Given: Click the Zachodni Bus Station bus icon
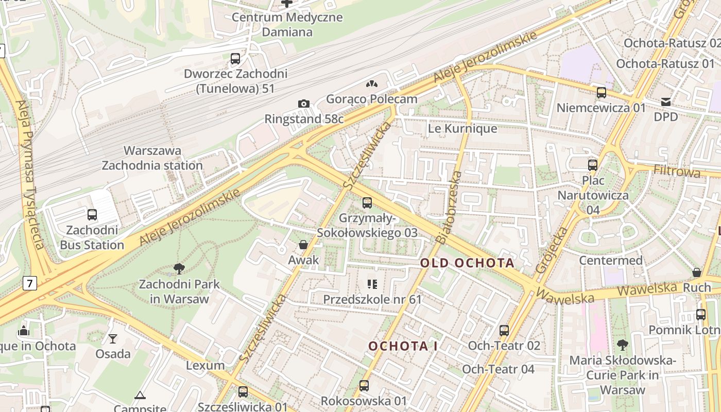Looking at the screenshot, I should click(x=92, y=215).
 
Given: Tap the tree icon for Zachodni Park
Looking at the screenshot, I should click(x=179, y=268).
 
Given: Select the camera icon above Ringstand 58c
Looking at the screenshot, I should click(x=304, y=104).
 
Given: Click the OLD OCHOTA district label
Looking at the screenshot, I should click(x=467, y=263).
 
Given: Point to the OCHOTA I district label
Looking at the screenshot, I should click(x=403, y=346).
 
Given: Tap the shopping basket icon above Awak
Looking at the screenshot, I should click(x=303, y=245).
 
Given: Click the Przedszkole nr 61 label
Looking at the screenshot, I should click(x=372, y=299).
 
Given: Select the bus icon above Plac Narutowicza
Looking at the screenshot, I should click(x=593, y=165).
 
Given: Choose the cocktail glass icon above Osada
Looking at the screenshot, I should click(x=113, y=338).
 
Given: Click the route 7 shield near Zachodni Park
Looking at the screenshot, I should click(x=30, y=283).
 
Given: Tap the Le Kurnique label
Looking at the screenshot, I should click(x=462, y=128).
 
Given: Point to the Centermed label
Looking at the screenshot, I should click(x=611, y=260).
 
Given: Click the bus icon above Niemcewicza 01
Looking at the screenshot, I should click(x=601, y=93).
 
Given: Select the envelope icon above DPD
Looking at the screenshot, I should click(x=666, y=101).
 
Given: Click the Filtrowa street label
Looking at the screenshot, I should click(x=677, y=171).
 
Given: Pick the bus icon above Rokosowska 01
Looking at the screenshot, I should click(x=364, y=385).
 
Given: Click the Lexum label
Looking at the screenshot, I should click(x=205, y=365).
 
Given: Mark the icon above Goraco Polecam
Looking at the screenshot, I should click(x=372, y=83).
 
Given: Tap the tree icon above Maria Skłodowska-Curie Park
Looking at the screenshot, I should click(x=622, y=345).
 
